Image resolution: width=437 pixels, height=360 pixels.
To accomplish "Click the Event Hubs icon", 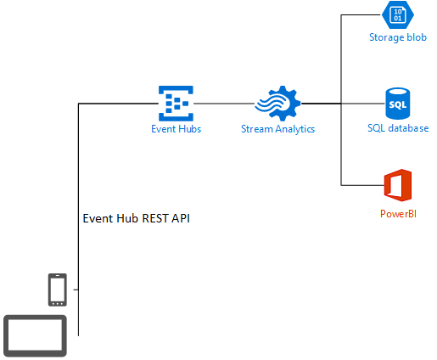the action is (176, 104).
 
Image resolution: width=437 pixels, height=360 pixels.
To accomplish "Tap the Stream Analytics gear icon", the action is (277, 104).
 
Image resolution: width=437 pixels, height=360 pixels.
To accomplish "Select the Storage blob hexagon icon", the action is (398, 14).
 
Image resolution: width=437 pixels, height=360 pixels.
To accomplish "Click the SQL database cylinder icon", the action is (398, 104).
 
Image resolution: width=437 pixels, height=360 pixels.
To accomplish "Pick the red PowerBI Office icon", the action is (398, 185).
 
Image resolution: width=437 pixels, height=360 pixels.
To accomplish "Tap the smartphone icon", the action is (58, 290).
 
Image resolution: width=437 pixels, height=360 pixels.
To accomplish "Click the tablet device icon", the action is (35, 336).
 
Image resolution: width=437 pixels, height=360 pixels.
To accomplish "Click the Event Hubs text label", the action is (176, 129).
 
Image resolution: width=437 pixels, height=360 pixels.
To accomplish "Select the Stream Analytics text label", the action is (277, 129).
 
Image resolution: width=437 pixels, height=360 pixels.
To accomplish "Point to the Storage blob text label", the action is (398, 37).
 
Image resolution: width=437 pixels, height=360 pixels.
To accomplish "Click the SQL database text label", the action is (398, 128).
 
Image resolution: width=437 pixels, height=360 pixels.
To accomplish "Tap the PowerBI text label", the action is (398, 214).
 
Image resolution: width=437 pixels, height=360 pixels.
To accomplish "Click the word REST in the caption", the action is (155, 218).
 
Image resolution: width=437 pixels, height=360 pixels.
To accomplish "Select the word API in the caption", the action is (181, 218).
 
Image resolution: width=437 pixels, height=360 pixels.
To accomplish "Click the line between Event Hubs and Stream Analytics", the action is (224, 104).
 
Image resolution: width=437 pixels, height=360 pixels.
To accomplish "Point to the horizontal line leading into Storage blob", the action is (361, 14).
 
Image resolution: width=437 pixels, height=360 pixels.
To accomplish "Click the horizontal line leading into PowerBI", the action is (362, 185).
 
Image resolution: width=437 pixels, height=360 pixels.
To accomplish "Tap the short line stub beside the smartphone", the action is (76, 290).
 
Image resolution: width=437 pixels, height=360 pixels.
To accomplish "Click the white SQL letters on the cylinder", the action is (398, 105).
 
